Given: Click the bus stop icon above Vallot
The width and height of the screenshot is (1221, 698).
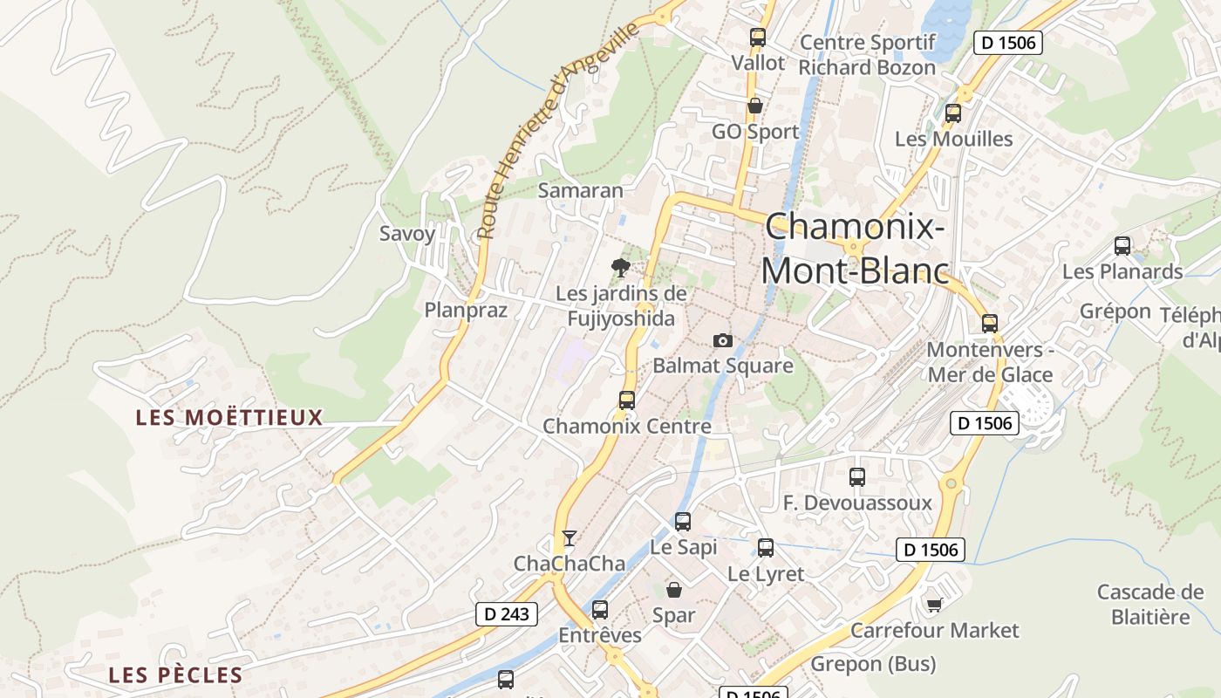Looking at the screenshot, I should (758, 38).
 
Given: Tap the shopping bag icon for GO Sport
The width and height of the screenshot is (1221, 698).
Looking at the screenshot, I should (755, 106).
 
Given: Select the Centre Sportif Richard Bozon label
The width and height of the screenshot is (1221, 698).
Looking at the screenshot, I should (867, 55).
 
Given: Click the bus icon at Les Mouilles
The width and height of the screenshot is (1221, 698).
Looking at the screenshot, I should (953, 113).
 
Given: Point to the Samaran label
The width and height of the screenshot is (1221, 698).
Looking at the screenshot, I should (581, 190).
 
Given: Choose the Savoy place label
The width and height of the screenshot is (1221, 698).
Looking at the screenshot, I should (407, 234).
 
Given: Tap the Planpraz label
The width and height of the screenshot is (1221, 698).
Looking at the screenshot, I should (466, 310).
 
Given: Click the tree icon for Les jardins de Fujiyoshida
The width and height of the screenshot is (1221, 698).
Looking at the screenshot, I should (621, 268).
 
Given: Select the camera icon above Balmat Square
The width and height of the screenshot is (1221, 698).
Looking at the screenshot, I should (723, 340).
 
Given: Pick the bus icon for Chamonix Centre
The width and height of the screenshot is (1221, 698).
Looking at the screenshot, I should (627, 400).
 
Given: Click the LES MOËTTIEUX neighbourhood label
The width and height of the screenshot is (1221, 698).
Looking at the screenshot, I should (229, 418).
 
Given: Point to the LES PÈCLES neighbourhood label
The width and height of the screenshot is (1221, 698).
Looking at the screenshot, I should (175, 675).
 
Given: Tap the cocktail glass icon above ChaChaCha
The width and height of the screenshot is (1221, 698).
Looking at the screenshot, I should (570, 538).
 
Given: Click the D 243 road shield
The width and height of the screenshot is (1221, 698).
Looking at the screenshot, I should (507, 614).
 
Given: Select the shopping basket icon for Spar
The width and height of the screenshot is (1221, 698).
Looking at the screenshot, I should (674, 590).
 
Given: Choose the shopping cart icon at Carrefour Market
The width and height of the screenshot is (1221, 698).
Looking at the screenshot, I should (935, 604).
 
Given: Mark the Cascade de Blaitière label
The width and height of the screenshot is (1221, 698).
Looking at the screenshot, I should (1150, 605).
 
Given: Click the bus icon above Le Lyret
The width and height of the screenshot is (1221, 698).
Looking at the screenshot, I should (766, 548).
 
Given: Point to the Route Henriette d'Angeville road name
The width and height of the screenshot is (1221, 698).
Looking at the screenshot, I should (559, 131).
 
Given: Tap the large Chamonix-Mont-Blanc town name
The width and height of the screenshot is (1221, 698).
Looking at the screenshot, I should (855, 249).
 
